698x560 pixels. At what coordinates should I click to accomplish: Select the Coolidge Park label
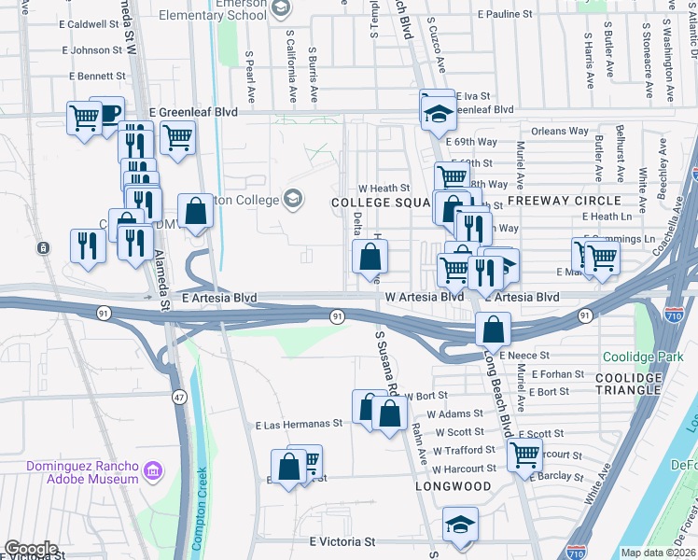(642, 357)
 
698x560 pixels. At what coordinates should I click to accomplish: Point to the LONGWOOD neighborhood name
(453, 486)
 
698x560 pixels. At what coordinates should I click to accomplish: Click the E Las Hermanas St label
(299, 423)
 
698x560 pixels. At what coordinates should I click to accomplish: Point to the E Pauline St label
(504, 15)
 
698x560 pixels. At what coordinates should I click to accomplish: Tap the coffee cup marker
(106, 113)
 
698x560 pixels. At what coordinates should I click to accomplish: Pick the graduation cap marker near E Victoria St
(460, 525)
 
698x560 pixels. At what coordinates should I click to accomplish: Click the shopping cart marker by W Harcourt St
(524, 455)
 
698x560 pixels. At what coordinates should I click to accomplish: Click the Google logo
(30, 549)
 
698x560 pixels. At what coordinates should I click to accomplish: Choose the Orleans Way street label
(560, 132)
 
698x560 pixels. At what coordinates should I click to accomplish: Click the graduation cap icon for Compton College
(293, 199)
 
